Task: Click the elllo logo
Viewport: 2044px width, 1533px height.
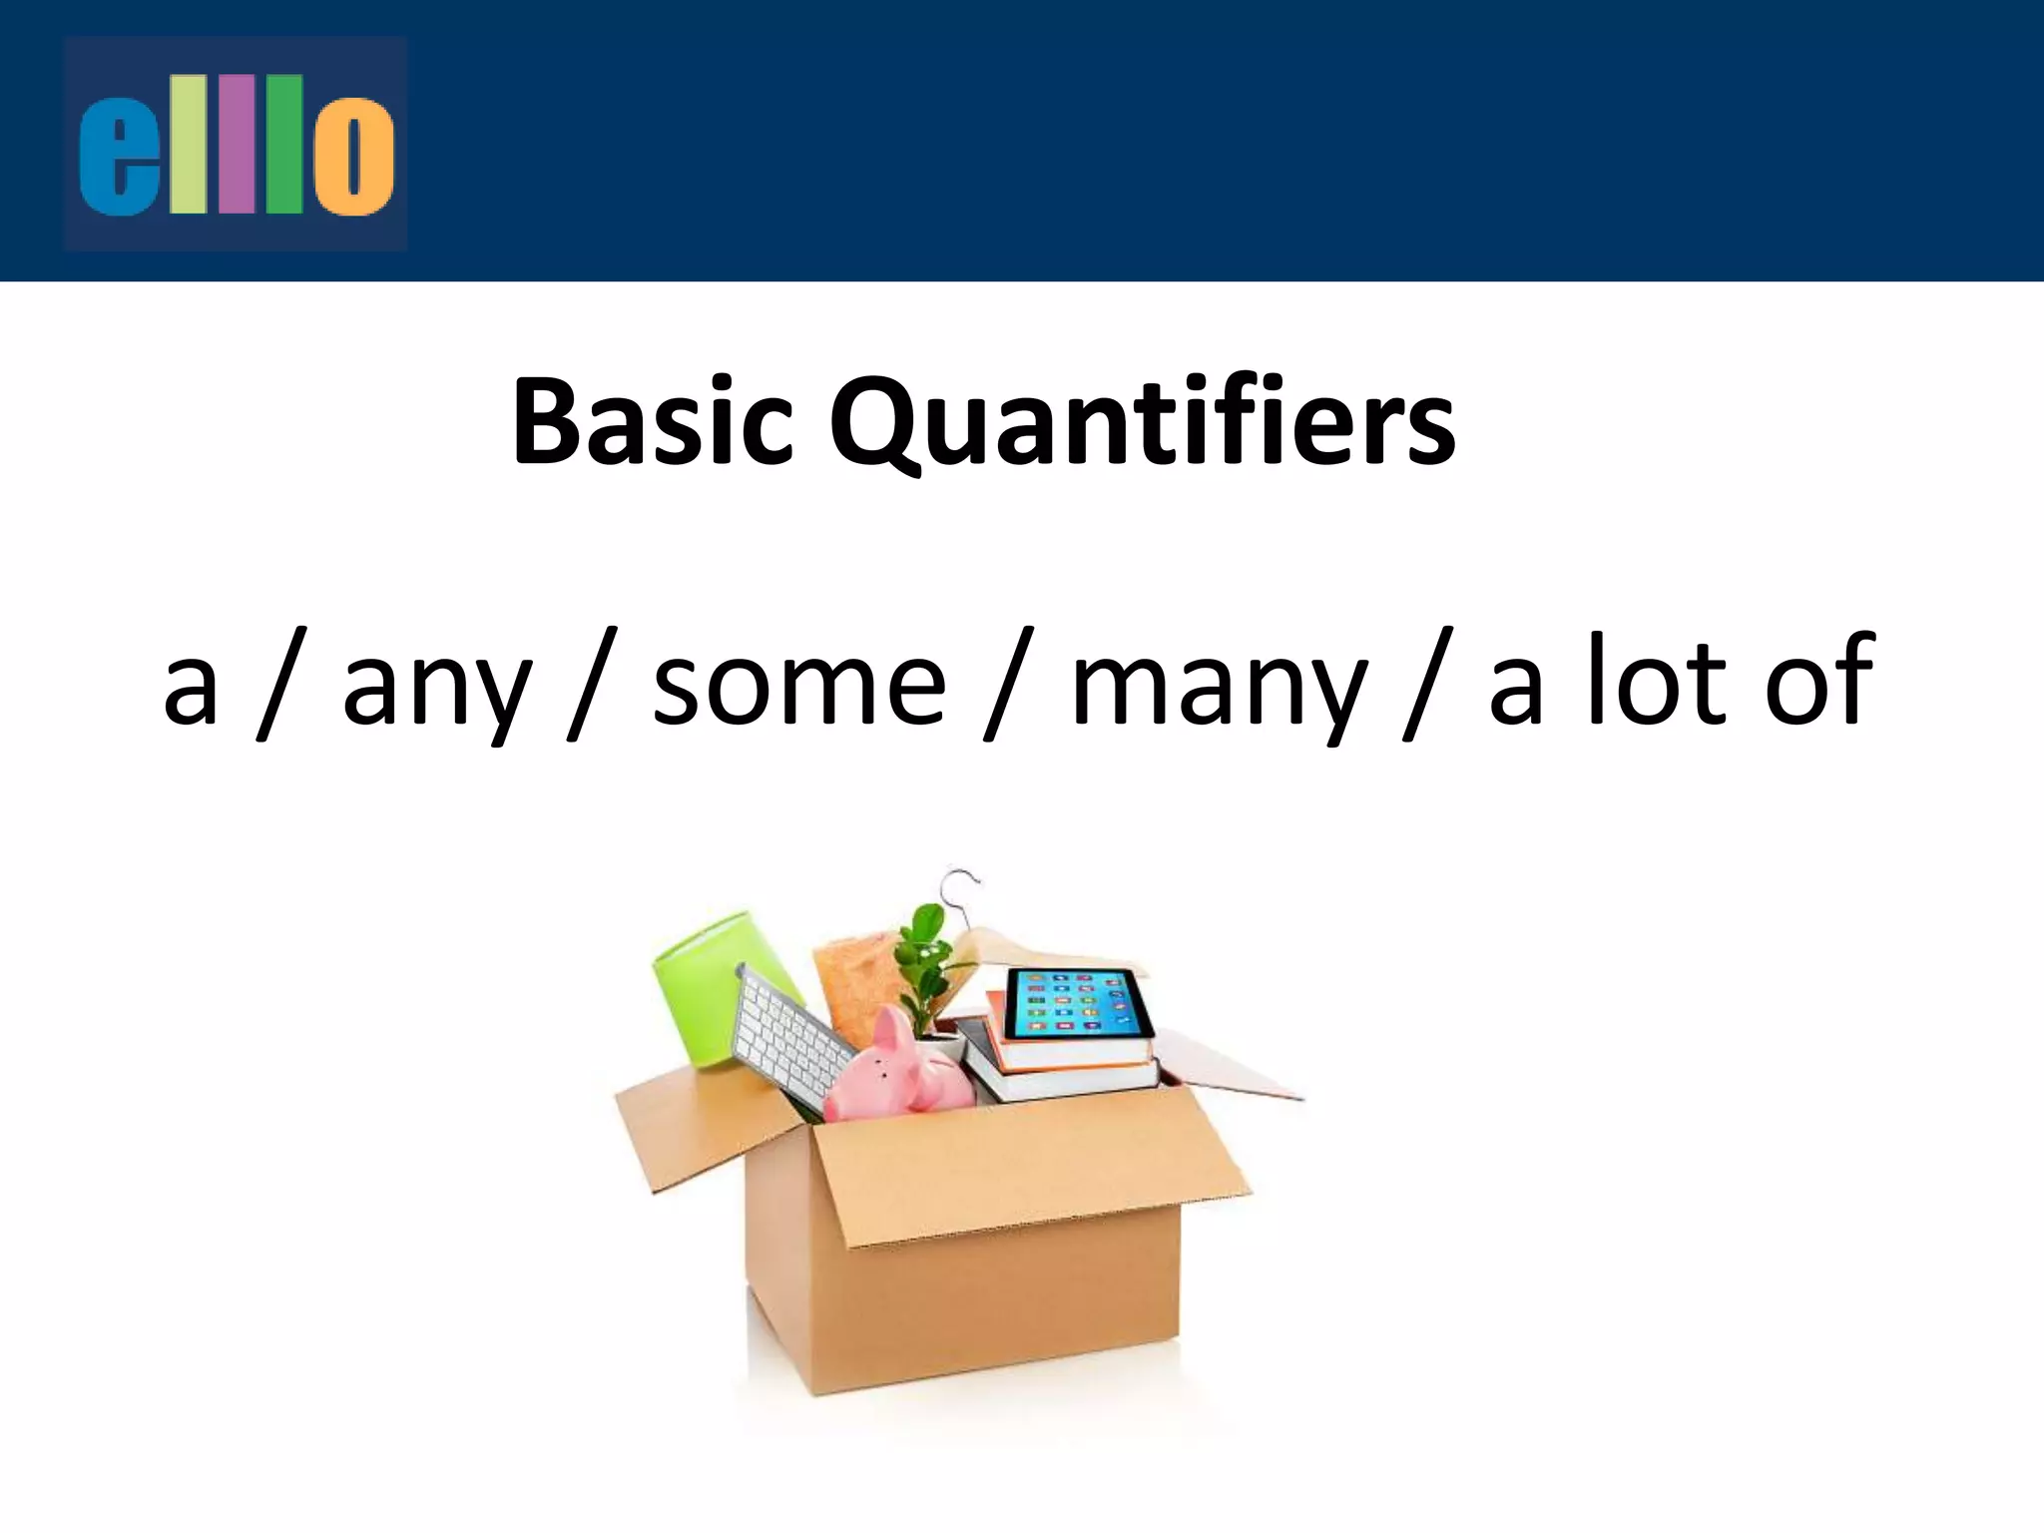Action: coord(236,144)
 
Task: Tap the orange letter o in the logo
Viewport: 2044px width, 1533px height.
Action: coord(353,155)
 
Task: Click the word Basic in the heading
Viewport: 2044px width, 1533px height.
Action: coord(653,422)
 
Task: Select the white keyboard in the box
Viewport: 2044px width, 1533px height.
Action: coord(788,1038)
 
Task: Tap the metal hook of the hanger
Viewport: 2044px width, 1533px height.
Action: coord(960,888)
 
